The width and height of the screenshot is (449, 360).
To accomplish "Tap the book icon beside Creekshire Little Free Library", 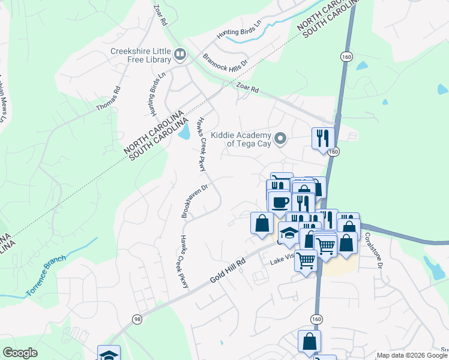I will pyautogui.click(x=179, y=56).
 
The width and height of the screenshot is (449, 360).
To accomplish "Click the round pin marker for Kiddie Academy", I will pyautogui.click(x=280, y=139).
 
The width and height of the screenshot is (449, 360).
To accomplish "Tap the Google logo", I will pyautogui.click(x=20, y=353).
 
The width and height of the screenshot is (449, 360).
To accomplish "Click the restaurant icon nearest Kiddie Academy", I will pyautogui.click(x=323, y=138).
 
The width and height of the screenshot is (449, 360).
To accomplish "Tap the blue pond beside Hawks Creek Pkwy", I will pyautogui.click(x=184, y=131).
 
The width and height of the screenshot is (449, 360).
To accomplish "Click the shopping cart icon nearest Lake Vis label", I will pyautogui.click(x=306, y=260).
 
